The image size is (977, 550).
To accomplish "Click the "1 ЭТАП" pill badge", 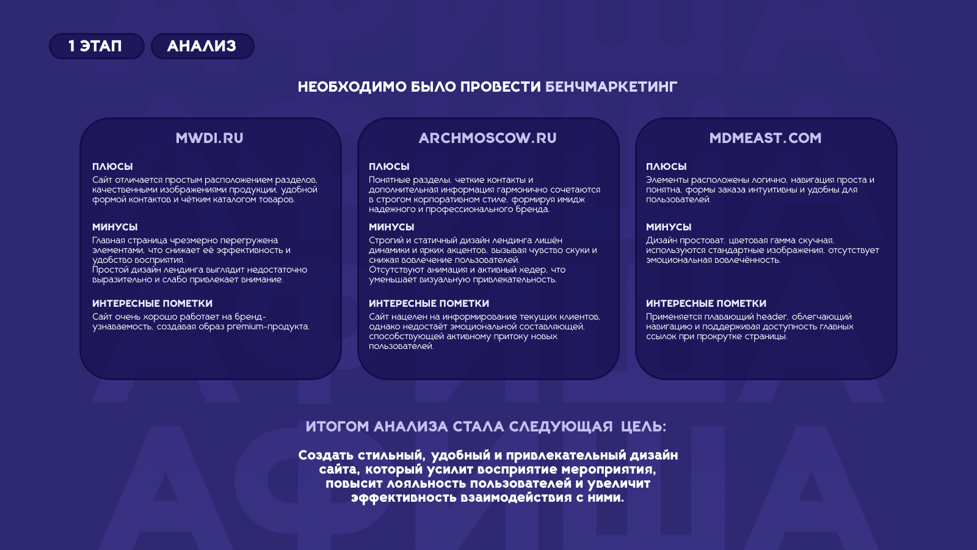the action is click(x=96, y=46).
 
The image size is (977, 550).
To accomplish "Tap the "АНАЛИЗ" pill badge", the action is click(x=202, y=46).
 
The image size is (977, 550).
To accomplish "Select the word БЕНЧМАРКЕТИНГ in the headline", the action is click(x=611, y=87).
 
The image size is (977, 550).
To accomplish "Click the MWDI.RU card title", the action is click(x=209, y=138).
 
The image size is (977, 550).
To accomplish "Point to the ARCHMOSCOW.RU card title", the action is click(x=488, y=138).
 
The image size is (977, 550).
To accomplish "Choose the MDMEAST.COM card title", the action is click(x=765, y=138).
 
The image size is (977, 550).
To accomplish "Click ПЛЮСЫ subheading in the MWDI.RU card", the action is click(x=112, y=167).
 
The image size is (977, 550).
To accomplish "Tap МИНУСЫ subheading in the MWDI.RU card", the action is click(x=115, y=227).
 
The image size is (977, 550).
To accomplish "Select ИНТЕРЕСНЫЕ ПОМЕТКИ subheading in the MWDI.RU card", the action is click(x=152, y=304).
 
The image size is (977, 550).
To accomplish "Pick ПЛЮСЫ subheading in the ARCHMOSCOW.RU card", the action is click(x=389, y=167).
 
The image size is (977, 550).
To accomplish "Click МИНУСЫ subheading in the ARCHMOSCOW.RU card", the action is click(x=391, y=227).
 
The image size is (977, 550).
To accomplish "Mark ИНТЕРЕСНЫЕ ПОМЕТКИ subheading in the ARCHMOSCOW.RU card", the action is click(x=429, y=304).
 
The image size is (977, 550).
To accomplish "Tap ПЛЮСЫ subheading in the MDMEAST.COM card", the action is click(x=666, y=167).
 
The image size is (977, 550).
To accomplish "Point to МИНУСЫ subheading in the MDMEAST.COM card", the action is click(x=669, y=227).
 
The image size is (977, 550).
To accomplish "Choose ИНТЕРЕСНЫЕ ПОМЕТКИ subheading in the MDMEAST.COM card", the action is click(x=706, y=304).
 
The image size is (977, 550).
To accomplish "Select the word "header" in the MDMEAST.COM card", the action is click(x=772, y=317).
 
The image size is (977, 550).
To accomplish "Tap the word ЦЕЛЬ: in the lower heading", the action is click(x=644, y=427).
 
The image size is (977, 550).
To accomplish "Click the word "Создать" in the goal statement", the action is click(x=326, y=455).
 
